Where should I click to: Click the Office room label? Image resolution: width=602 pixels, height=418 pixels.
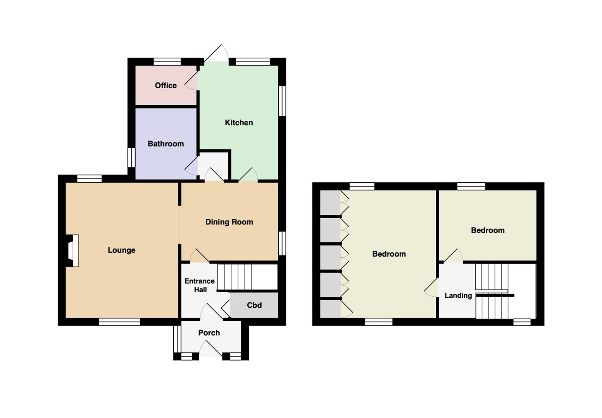[166, 86]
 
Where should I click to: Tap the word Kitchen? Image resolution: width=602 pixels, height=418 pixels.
[239, 123]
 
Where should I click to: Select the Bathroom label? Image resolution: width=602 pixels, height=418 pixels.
[166, 144]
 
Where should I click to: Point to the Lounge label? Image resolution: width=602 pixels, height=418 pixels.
[121, 250]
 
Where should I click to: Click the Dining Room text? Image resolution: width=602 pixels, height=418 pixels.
[229, 222]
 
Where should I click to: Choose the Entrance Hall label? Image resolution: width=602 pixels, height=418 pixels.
[200, 285]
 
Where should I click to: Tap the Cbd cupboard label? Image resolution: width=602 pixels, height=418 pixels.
[254, 305]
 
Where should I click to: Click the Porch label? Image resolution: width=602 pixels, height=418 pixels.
[209, 333]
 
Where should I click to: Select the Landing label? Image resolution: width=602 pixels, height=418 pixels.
[458, 295]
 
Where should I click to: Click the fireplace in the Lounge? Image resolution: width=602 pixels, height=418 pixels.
[72, 250]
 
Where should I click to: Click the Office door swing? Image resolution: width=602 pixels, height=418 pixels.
[191, 81]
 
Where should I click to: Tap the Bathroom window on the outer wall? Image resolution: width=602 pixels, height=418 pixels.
[131, 158]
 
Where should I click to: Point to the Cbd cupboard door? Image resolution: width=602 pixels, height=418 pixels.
[226, 308]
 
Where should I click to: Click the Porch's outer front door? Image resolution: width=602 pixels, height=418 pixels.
[211, 348]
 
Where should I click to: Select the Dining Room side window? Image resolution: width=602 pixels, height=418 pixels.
[282, 243]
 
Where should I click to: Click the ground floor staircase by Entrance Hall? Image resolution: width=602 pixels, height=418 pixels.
[247, 277]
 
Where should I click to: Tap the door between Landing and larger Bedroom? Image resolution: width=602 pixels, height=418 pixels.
[431, 287]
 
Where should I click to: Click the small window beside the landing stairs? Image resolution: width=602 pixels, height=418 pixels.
[522, 322]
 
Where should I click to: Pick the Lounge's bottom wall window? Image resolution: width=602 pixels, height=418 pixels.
[120, 322]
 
